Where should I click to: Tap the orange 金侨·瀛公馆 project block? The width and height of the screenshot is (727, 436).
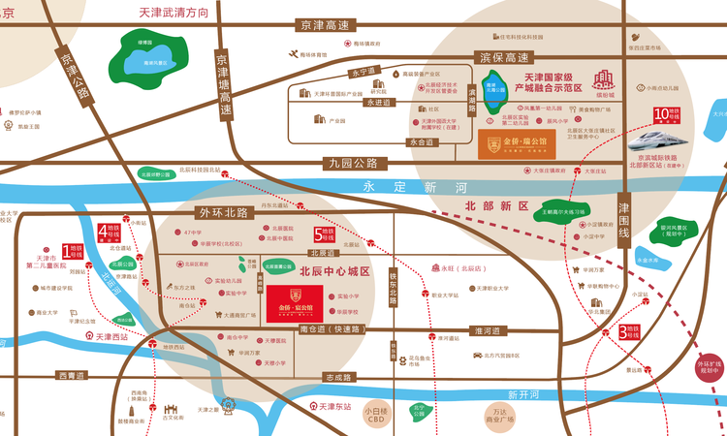pyautogui.click(x=518, y=145)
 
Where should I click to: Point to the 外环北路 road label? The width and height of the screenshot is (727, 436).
pyautogui.click(x=223, y=211)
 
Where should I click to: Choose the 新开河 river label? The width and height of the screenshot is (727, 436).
pyautogui.click(x=522, y=394)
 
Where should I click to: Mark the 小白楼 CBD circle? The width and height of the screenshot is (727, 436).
pyautogui.click(x=376, y=415)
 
